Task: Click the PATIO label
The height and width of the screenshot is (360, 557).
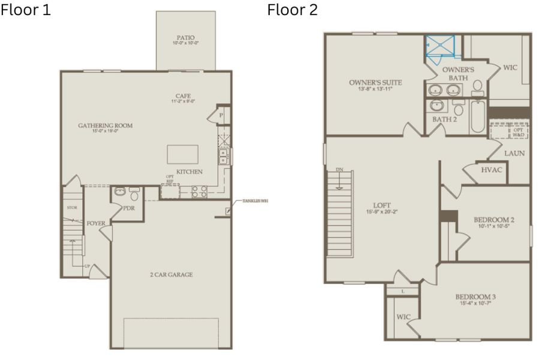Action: coord(185,37)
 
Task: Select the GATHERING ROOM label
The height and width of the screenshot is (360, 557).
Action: coord(105,125)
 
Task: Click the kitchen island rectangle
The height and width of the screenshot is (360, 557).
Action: coord(182,154)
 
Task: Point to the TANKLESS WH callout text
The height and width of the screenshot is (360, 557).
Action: coord(255,201)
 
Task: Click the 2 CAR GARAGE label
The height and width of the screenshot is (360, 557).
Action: coord(171,275)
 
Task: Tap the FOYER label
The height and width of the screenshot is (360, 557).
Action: coord(96,223)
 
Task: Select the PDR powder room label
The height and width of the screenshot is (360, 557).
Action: coord(128,209)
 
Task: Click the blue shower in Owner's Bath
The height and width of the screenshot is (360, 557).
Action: coord(440,46)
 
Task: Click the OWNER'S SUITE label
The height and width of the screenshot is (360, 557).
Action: coord(375,82)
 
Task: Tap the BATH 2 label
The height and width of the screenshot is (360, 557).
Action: coord(445,119)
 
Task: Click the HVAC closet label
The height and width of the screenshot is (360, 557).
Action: coord(492,170)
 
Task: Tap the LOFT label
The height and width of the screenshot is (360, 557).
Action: coord(378,205)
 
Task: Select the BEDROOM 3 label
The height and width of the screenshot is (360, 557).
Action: coord(475,297)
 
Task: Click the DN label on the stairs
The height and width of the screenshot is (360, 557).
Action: coord(339,170)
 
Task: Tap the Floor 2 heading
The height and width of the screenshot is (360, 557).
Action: coord(293,10)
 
